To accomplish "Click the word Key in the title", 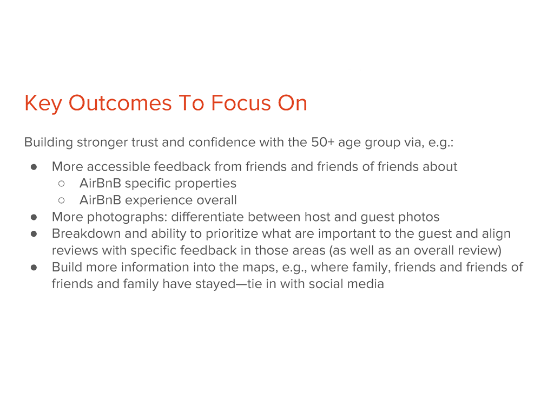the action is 43,103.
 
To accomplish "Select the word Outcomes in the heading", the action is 120,103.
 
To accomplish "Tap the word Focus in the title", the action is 241,103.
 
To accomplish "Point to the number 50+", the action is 322,142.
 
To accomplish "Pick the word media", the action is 366,284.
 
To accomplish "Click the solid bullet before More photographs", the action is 34,217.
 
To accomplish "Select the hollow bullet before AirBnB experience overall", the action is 62,200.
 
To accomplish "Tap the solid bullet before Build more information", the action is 34,268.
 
